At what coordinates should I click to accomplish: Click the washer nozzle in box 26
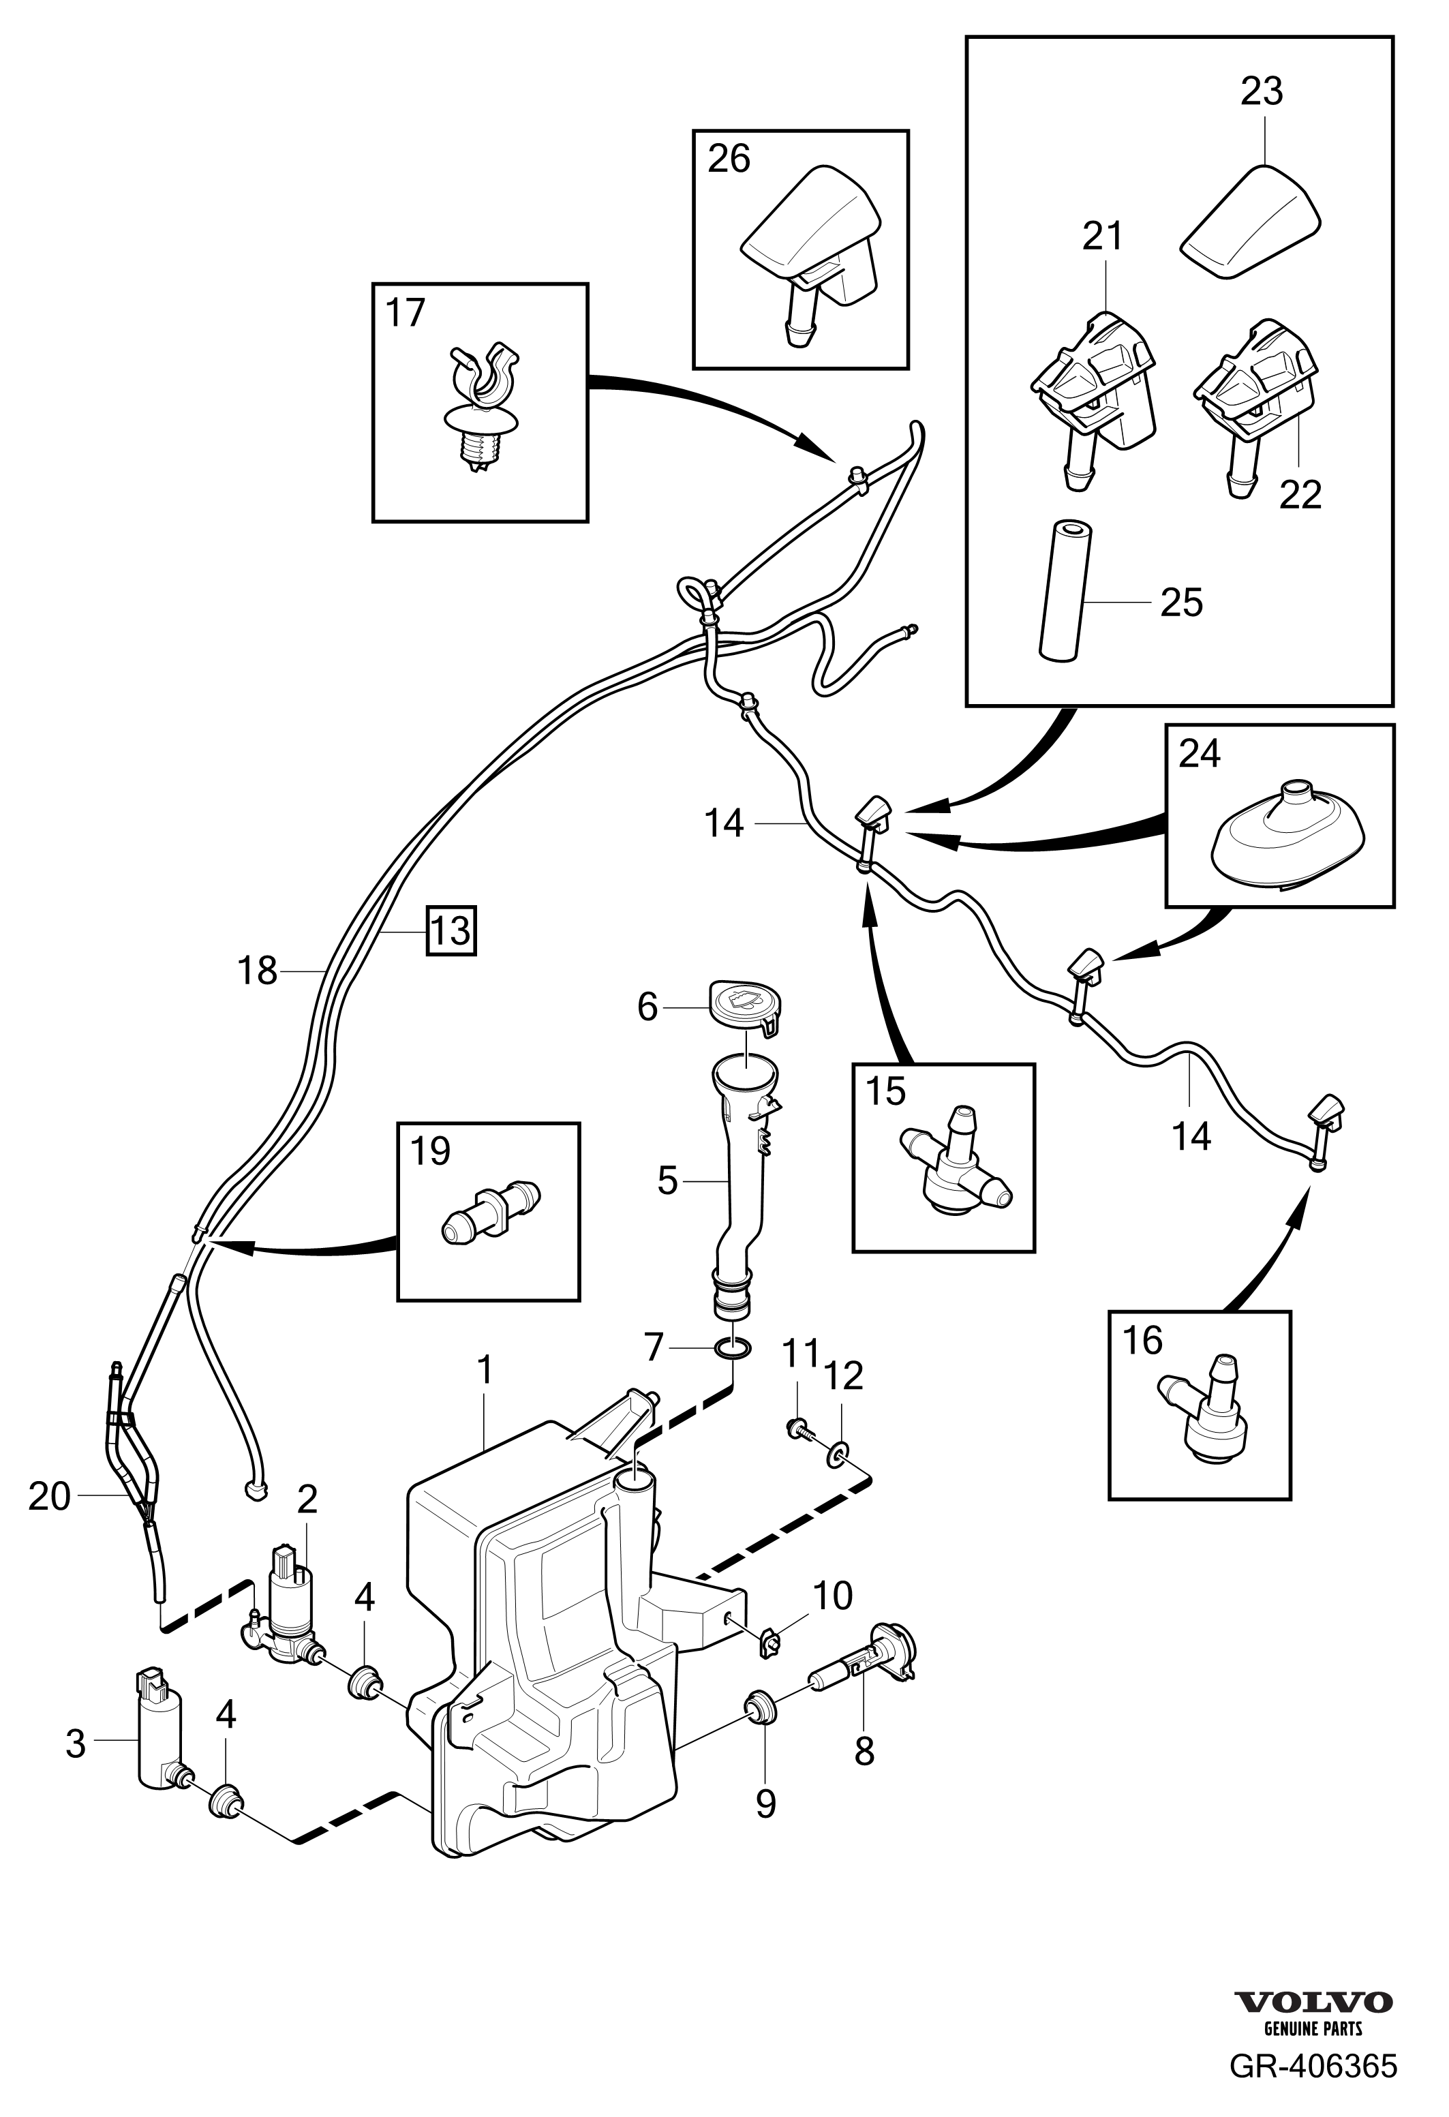coord(810,246)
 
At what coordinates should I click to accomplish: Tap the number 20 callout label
coord(49,1497)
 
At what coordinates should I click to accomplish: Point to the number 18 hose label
coord(257,972)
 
